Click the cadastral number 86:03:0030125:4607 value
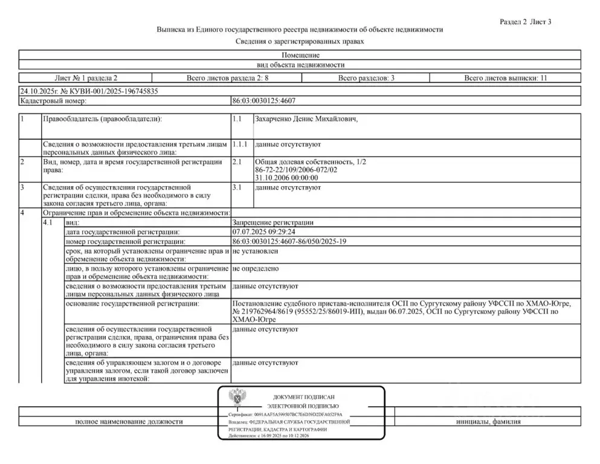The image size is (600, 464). tap(263, 101)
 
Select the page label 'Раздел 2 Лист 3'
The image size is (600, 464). tap(526, 22)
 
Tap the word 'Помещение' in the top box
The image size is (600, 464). tap(300, 55)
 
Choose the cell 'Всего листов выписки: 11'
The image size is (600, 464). tap(505, 78)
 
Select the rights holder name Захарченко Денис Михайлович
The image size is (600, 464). tap(306, 119)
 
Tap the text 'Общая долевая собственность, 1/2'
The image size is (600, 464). tap(311, 163)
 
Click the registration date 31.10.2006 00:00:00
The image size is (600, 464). tap(286, 178)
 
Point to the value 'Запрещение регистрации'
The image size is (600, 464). tap(273, 222)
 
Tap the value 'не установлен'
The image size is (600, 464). tap(255, 251)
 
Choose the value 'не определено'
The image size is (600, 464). tap(255, 266)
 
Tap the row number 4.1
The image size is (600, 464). tap(48, 222)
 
